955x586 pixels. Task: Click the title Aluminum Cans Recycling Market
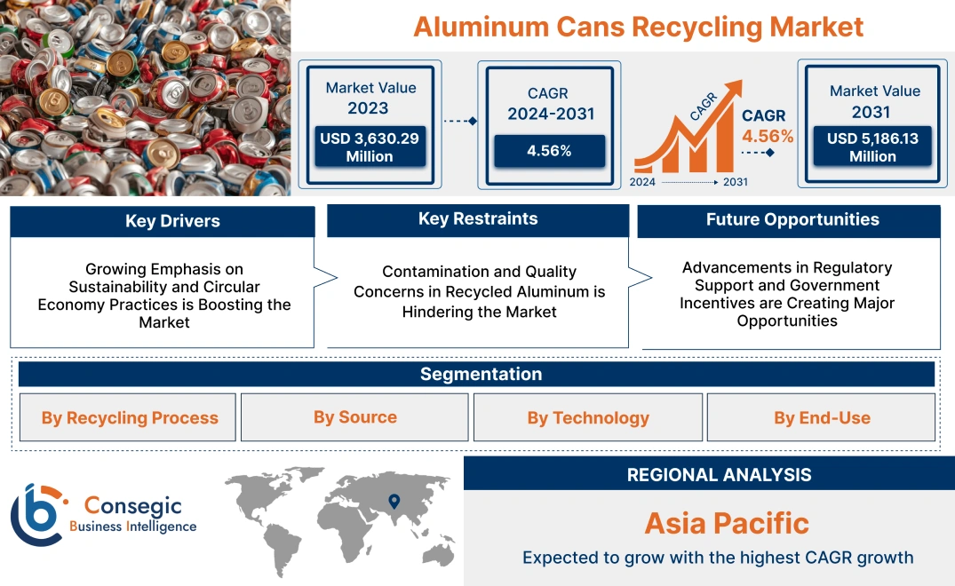pos(638,26)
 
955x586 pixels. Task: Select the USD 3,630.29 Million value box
pos(369,146)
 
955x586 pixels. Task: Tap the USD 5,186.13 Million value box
pos(873,146)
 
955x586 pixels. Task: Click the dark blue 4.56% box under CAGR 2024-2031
pos(549,150)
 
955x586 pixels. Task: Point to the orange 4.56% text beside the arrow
pos(768,137)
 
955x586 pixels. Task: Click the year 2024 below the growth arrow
pos(644,182)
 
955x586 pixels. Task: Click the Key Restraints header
pos(478,219)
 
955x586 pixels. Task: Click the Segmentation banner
pos(481,374)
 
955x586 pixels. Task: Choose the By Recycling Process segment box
pos(130,417)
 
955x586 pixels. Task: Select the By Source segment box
pos(354,417)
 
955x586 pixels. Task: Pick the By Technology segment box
pos(588,417)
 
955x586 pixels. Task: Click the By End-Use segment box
pos(822,417)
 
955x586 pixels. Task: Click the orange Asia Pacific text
pos(727,522)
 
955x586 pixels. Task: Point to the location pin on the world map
pos(394,503)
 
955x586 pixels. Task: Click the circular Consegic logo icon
pos(38,514)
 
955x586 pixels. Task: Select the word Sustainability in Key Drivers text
pos(123,287)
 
